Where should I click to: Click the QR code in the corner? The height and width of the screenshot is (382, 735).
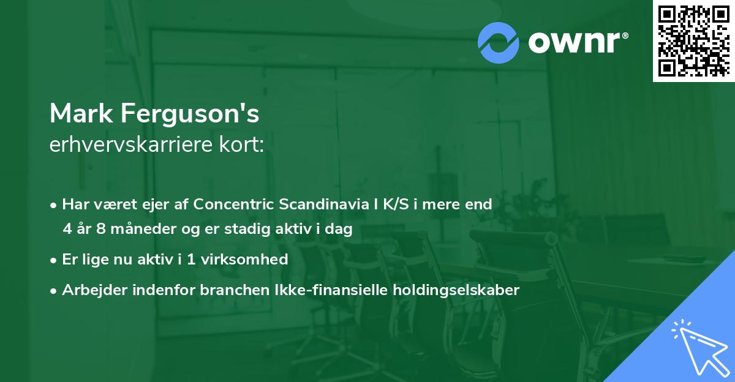[x=693, y=40]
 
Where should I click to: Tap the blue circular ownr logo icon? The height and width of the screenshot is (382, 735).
[x=499, y=42]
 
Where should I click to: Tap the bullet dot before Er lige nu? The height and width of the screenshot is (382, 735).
[x=55, y=260]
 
